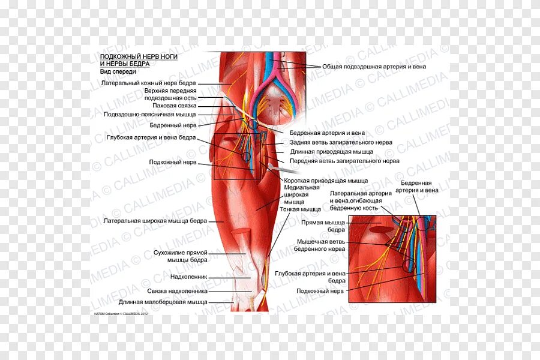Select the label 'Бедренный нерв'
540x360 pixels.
click(173, 126)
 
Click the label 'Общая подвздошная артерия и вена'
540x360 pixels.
click(374, 67)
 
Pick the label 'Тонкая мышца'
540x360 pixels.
click(300, 209)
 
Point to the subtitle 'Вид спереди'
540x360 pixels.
click(118, 71)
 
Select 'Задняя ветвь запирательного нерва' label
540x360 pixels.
click(341, 143)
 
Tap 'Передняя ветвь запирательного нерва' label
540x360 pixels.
click(344, 161)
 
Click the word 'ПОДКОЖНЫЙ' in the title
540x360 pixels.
click(119, 56)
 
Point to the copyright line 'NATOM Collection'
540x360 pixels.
click(120, 313)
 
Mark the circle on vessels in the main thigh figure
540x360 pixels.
click(246, 155)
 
